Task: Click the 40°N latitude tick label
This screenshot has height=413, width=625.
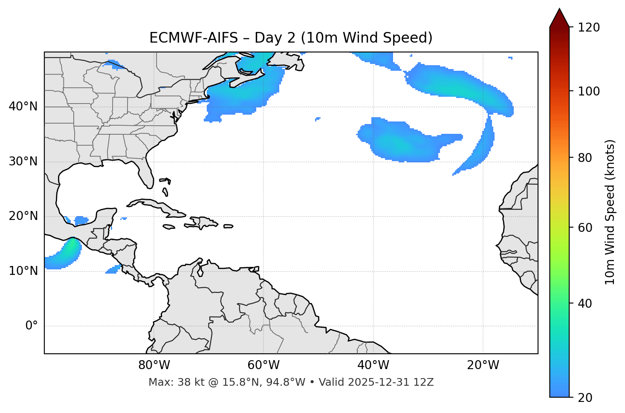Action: coord(23,107)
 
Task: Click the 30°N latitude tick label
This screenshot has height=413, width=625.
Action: coord(23,162)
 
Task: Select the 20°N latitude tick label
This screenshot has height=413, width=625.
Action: coord(23,216)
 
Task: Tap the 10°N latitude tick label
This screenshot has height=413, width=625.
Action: coord(23,271)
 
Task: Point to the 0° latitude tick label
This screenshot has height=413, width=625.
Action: coord(32,326)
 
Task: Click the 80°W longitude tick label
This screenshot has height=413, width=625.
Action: coord(154,365)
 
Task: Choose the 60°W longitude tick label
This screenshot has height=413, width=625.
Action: coord(263,365)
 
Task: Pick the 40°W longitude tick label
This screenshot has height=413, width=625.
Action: coord(373,365)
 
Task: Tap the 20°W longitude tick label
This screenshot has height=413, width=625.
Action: coord(483,365)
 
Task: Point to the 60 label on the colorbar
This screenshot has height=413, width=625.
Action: coord(584,228)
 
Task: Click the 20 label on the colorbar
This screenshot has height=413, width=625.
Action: coord(584,398)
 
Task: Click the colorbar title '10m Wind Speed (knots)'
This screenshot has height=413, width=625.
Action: coord(610,212)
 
